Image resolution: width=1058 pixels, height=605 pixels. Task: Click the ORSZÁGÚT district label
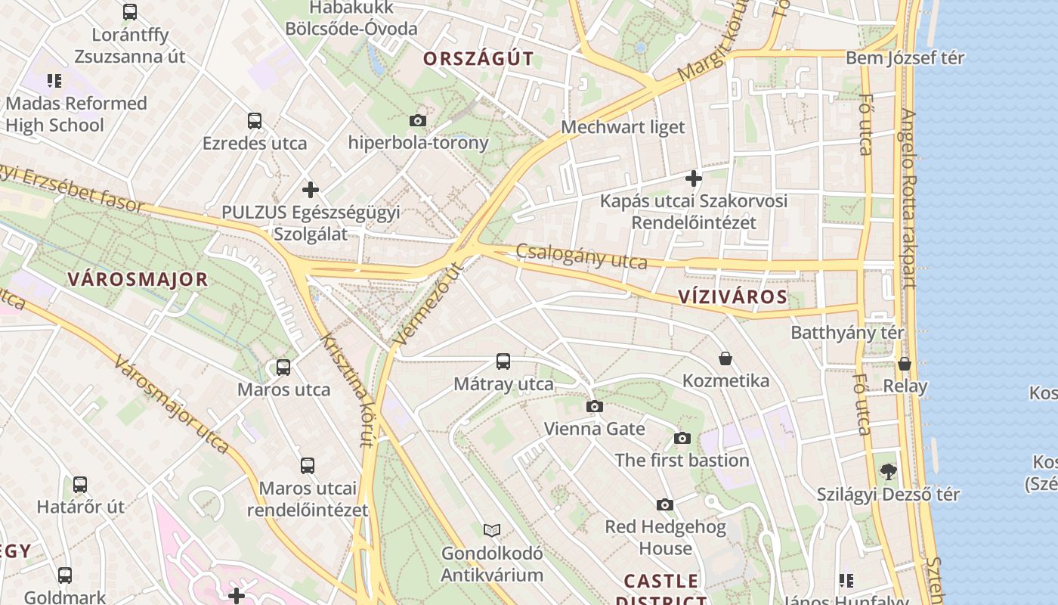(478, 58)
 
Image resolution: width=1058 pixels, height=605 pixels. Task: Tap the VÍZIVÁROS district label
(732, 296)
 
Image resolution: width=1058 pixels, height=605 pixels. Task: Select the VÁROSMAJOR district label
(138, 279)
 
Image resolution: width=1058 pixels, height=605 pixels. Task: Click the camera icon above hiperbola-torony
(417, 120)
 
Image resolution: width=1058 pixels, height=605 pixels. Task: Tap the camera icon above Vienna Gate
(595, 406)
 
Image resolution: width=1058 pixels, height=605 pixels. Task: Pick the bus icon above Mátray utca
(503, 361)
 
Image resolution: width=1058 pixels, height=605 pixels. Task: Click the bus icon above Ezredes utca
(255, 121)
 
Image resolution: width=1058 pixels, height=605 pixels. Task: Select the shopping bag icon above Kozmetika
(725, 358)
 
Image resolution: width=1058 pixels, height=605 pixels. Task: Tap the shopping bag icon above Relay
(905, 364)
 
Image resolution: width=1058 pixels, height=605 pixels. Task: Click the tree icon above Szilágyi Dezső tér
(889, 472)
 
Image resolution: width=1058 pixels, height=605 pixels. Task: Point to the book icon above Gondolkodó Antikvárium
(492, 530)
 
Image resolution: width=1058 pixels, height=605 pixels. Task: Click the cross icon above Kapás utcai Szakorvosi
(694, 178)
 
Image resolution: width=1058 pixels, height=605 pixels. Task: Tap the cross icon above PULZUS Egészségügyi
(311, 189)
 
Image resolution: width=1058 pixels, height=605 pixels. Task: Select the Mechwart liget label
(623, 127)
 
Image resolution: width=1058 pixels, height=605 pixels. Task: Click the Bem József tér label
(905, 58)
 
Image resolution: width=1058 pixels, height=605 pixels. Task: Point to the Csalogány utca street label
(582, 256)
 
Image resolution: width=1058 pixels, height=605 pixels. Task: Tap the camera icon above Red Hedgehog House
(665, 504)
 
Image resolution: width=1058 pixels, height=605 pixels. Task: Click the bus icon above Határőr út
(80, 484)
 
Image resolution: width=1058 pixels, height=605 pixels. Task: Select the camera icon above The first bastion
(682, 438)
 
